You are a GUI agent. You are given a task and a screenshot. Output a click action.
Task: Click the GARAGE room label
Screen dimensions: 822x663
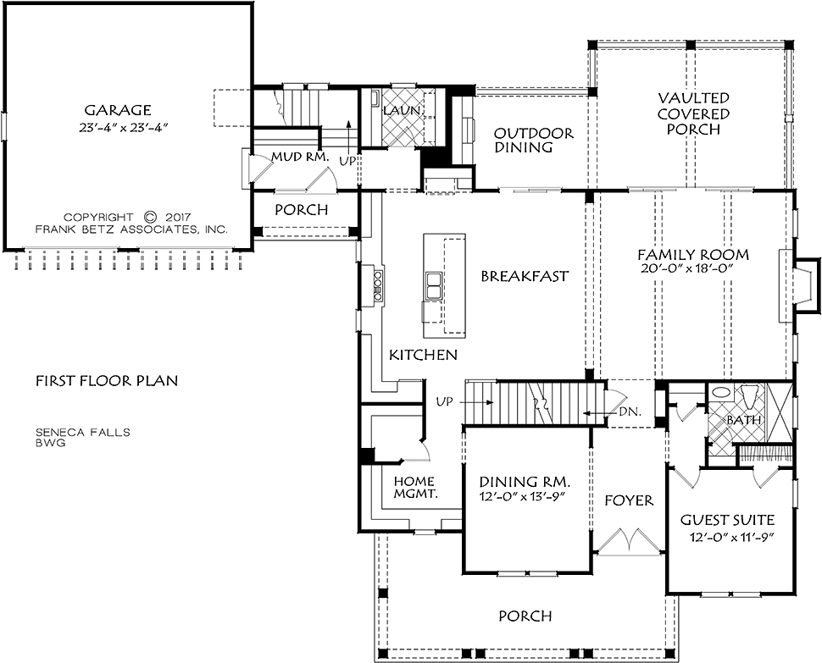point(118,110)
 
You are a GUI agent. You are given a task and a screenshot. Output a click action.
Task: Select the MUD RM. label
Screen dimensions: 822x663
point(300,157)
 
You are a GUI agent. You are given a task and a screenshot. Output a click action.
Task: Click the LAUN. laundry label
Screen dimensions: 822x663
point(402,110)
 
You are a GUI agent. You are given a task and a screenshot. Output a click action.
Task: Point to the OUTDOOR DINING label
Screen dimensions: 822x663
point(534,141)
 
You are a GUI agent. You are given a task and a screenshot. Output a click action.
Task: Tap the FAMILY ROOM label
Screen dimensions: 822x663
point(693,255)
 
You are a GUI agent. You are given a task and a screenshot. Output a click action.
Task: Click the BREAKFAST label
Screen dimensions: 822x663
point(525,276)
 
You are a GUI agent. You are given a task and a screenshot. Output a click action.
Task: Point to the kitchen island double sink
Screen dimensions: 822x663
point(434,286)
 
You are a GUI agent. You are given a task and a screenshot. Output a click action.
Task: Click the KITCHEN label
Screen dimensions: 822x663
point(423,355)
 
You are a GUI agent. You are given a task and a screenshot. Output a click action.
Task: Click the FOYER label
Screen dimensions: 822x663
point(629,500)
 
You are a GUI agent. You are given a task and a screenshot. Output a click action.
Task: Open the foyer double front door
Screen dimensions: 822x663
point(629,540)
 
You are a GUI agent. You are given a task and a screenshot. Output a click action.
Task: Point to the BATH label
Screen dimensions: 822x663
point(743,420)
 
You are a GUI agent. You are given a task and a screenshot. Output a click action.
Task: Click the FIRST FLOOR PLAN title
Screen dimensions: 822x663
point(107,381)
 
